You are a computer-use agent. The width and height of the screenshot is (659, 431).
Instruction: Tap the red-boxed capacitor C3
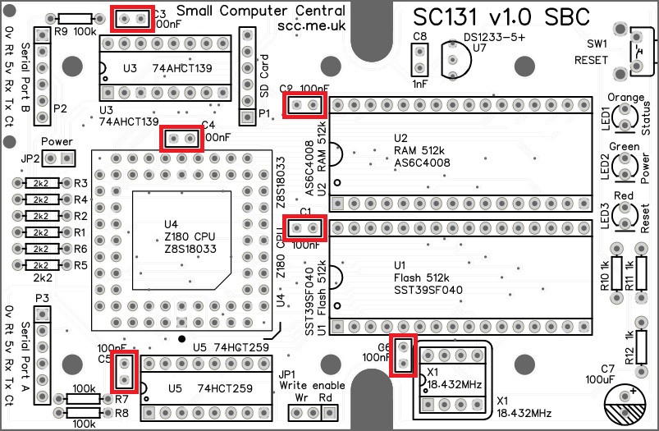tap(131, 18)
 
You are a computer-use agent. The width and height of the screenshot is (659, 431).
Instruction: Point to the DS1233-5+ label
tap(496, 37)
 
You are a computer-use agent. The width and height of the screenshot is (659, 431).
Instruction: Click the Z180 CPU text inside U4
tap(190, 236)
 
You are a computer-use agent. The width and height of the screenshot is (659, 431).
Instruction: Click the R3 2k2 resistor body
tap(39, 183)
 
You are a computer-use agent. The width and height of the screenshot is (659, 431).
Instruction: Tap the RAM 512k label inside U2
tap(418, 150)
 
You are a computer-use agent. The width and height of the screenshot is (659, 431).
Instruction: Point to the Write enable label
tap(312, 384)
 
